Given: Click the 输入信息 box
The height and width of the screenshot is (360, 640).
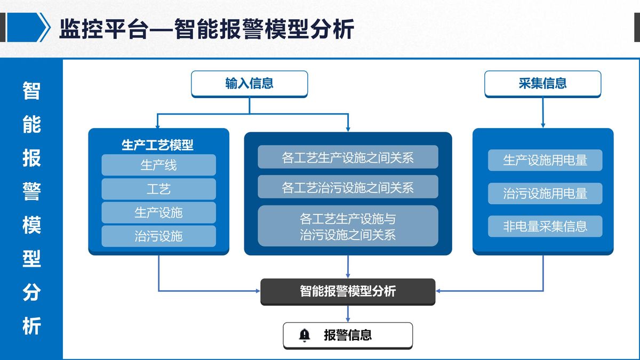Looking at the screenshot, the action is pos(250,84).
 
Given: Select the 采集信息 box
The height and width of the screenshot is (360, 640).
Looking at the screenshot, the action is pos(543,84).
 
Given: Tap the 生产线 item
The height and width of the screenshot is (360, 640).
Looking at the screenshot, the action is pos(158,165).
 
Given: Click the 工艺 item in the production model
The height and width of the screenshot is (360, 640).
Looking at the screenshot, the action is pos(158,189).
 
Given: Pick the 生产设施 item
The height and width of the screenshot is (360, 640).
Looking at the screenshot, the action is pos(158,213).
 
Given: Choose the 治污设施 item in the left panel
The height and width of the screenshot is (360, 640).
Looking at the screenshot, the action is pos(158,236).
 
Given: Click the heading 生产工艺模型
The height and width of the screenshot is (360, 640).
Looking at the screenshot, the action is pos(157,145).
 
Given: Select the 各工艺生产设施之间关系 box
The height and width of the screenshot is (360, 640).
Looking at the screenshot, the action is pos(348,157).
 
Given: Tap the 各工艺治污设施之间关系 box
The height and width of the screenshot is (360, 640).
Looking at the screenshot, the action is pos(348,187).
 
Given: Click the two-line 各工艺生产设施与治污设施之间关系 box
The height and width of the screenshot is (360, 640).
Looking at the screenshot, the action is pos(348,226).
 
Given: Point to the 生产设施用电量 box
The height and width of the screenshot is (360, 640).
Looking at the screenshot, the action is pos(545,160).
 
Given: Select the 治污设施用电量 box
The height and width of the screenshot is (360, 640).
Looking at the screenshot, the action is pos(545,194).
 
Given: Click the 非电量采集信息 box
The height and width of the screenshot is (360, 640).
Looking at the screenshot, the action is pos(545,226).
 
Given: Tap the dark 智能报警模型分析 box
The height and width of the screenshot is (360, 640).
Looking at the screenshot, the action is pos(348,292).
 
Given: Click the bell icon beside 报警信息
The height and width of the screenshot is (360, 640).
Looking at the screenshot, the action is pos(305,335).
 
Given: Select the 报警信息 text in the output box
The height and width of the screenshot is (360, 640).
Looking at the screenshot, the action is pos(348,335).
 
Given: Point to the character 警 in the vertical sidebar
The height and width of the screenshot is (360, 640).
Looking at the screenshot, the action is pos(31,191).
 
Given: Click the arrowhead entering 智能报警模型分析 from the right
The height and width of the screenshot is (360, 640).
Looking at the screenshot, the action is pos(438,291).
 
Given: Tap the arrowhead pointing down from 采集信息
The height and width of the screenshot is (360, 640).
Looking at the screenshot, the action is pos(543,125).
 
